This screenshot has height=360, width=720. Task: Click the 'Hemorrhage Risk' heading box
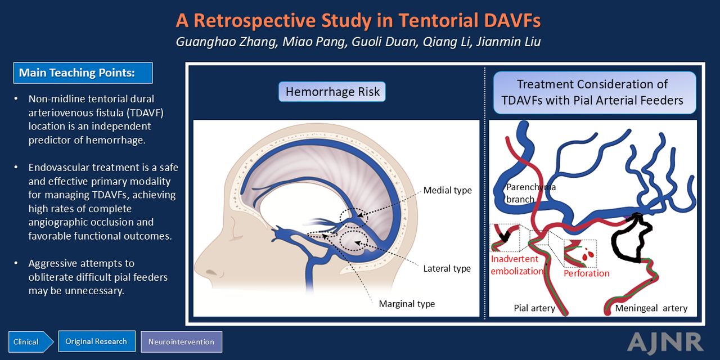(332, 92)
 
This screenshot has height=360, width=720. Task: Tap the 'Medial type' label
(447, 190)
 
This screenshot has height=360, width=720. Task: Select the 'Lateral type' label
(447, 268)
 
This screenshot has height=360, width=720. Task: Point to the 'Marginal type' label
(407, 304)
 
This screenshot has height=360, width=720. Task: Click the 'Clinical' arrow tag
(30, 341)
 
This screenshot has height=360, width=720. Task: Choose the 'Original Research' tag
(96, 341)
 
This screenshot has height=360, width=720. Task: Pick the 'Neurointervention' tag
(181, 341)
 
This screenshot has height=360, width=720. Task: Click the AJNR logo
(665, 343)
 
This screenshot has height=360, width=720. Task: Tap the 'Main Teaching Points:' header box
(83, 73)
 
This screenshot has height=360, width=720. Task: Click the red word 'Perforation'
(586, 273)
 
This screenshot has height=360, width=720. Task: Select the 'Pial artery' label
(534, 308)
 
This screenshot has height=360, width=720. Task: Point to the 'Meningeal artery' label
(651, 308)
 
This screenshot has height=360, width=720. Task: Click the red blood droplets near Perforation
(589, 254)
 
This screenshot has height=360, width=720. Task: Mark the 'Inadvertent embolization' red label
(516, 265)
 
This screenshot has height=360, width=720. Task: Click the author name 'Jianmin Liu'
(508, 42)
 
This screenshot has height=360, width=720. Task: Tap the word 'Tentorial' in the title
(439, 20)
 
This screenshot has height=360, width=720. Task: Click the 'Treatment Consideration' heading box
(595, 93)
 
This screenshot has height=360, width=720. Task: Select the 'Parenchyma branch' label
(530, 193)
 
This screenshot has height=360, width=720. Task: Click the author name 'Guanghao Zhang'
(227, 42)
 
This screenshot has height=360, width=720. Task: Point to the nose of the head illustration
(200, 267)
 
